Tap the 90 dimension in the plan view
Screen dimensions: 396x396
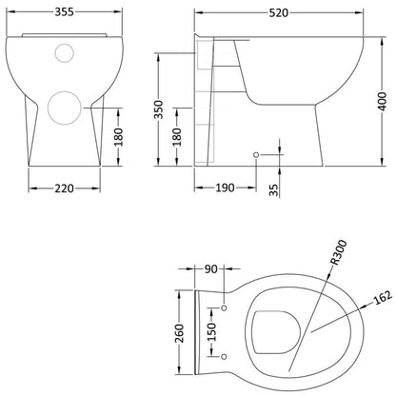[211, 268]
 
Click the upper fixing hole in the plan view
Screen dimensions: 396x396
[224, 308]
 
